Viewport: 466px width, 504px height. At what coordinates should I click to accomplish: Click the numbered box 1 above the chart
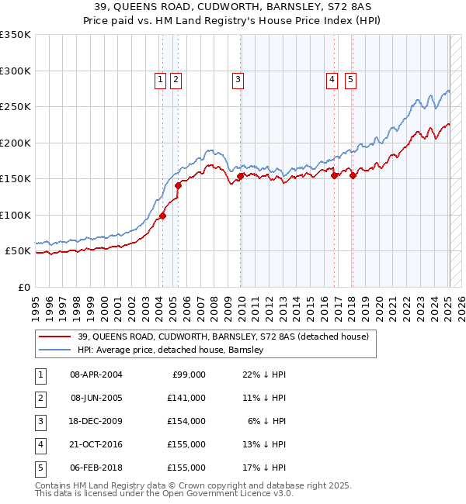coord(160,78)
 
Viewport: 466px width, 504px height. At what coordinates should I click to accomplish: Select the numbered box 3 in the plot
coord(237,78)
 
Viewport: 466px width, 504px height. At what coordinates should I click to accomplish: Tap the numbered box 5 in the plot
coord(350,78)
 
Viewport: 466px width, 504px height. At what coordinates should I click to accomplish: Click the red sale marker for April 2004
coord(162,216)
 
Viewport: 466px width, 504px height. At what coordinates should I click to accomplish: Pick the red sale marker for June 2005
coord(178,185)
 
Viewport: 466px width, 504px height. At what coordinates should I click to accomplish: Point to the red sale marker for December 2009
coord(241,176)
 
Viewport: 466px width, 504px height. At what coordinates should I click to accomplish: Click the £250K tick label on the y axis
coord(16,107)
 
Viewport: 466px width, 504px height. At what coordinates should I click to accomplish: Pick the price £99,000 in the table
coord(189,375)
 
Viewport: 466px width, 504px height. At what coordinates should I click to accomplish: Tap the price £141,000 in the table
coord(186,398)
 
